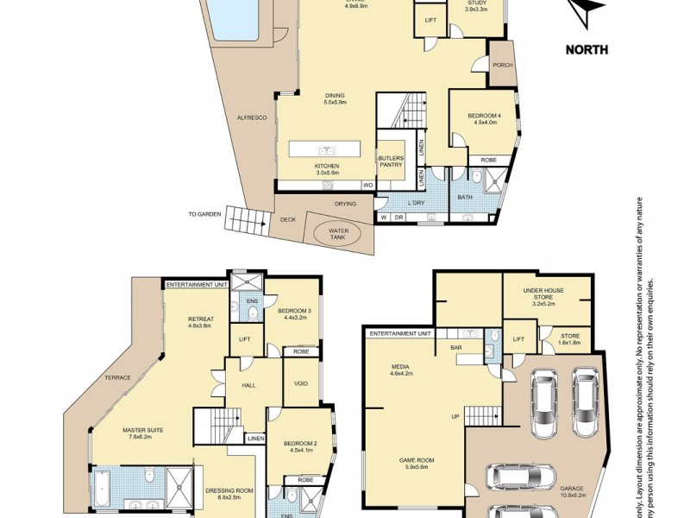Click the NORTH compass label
click(586, 49)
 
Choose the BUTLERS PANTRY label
click(391, 161)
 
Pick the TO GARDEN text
click(205, 213)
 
